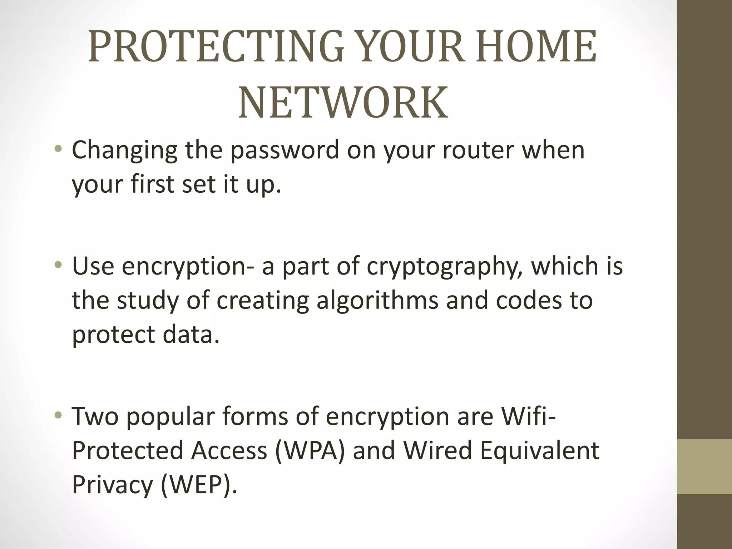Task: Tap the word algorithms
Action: [x=377, y=300]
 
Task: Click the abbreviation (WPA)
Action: [x=310, y=450]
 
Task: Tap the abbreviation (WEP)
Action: [x=199, y=485]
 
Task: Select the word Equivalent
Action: [x=539, y=450]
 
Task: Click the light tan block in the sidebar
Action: [x=704, y=467]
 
